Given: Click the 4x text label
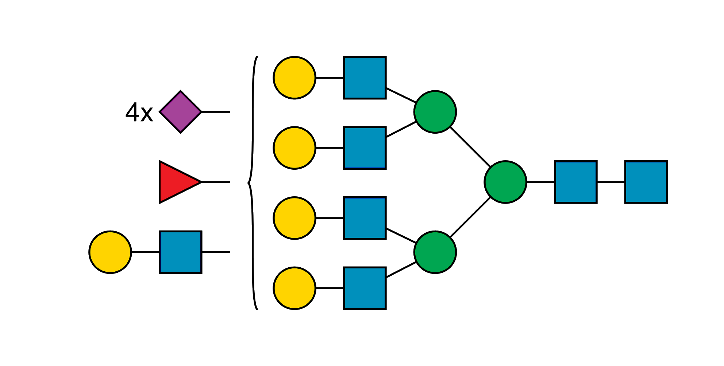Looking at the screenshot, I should pyautogui.click(x=139, y=113).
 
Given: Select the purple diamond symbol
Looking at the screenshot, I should pyautogui.click(x=181, y=112).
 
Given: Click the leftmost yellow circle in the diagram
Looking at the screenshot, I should pyautogui.click(x=110, y=252).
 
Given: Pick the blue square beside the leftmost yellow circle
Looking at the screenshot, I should pyautogui.click(x=181, y=252).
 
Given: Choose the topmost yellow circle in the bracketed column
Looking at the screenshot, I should pyautogui.click(x=294, y=78).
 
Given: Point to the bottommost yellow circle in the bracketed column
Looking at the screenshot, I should pyautogui.click(x=294, y=288).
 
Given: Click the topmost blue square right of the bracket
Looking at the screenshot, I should pyautogui.click(x=365, y=78).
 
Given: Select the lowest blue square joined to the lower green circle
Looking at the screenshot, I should pyautogui.click(x=365, y=288).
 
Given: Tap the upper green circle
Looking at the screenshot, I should pyautogui.click(x=435, y=112).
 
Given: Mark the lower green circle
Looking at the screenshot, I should pyautogui.click(x=435, y=252).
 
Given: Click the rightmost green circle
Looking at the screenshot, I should pyautogui.click(x=505, y=182).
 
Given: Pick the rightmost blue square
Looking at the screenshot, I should pyautogui.click(x=646, y=182).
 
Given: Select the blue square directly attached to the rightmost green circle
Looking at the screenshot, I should pyautogui.click(x=576, y=182).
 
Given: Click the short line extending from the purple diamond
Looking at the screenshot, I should pyautogui.click(x=216, y=112).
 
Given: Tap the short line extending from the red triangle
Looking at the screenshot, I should pyautogui.click(x=216, y=182).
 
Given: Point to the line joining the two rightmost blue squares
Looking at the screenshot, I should pyautogui.click(x=611, y=182).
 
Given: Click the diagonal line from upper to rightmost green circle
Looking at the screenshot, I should pyautogui.click(x=470, y=146).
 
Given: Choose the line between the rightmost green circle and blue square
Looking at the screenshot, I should pyautogui.click(x=540, y=182).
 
